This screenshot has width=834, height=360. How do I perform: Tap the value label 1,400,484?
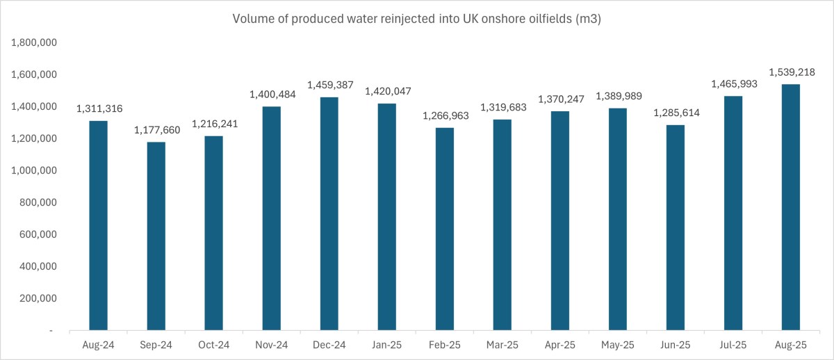(272, 95)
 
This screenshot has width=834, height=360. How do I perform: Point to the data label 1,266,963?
(445, 116)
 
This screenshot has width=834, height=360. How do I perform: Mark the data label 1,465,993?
(733, 84)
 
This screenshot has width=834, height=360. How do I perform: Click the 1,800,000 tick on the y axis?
(34, 43)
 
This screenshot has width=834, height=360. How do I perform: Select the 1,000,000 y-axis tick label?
(34, 171)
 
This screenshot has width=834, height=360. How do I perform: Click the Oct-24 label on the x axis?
(214, 345)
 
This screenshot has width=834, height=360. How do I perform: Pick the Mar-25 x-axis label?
(502, 345)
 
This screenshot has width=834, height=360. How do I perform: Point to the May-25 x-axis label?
(618, 345)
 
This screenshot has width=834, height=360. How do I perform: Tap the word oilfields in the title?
(546, 19)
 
